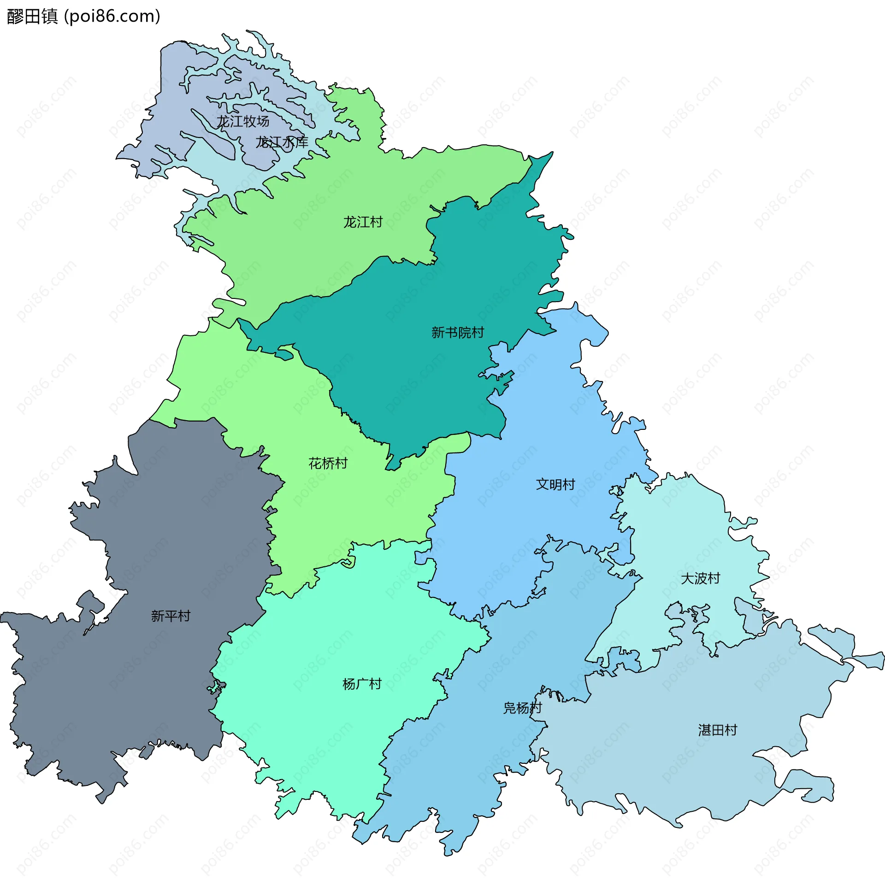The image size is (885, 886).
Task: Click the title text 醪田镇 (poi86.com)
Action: (x=83, y=17)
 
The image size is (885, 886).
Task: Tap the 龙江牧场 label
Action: (x=243, y=121)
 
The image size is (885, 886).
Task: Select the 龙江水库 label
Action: (x=282, y=142)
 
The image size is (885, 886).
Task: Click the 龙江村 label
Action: (x=363, y=222)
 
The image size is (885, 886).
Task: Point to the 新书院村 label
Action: (x=457, y=333)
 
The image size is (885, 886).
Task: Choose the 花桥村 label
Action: (x=328, y=464)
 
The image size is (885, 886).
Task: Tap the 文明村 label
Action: (x=555, y=484)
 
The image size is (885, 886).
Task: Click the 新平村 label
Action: (x=171, y=616)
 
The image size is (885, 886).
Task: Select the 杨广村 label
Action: (x=362, y=684)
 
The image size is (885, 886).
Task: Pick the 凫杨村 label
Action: (x=522, y=708)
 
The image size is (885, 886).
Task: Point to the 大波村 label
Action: (x=700, y=578)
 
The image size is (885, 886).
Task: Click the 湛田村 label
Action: (x=718, y=730)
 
